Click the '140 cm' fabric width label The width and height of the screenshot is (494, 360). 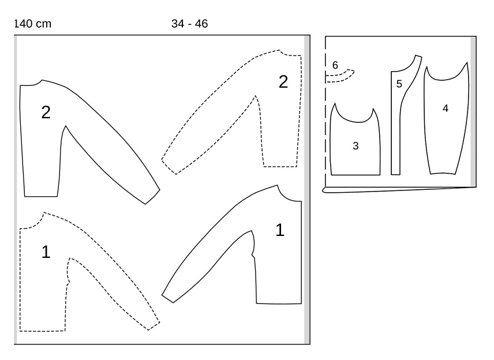(33, 24)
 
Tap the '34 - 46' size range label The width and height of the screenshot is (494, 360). (190, 24)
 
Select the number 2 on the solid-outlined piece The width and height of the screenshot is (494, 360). (46, 112)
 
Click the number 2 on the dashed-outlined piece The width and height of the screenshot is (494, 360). (283, 82)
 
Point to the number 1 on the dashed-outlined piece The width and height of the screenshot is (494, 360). (46, 252)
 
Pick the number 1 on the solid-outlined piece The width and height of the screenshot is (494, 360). (280, 230)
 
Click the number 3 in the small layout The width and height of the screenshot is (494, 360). (355, 146)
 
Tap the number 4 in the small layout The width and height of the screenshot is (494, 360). (445, 108)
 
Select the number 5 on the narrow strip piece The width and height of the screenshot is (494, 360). (399, 84)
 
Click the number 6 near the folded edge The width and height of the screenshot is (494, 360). (335, 65)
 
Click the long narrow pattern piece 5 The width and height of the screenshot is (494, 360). (396, 126)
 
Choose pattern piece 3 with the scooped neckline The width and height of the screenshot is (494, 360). (355, 148)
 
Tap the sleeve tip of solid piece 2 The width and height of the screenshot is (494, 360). (153, 197)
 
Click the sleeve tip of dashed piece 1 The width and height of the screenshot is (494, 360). (154, 327)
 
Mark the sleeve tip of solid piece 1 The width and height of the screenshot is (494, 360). (167, 299)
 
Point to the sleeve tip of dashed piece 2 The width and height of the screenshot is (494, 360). (169, 167)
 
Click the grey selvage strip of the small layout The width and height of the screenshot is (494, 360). (473, 112)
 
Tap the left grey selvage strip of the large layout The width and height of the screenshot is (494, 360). (16, 190)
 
